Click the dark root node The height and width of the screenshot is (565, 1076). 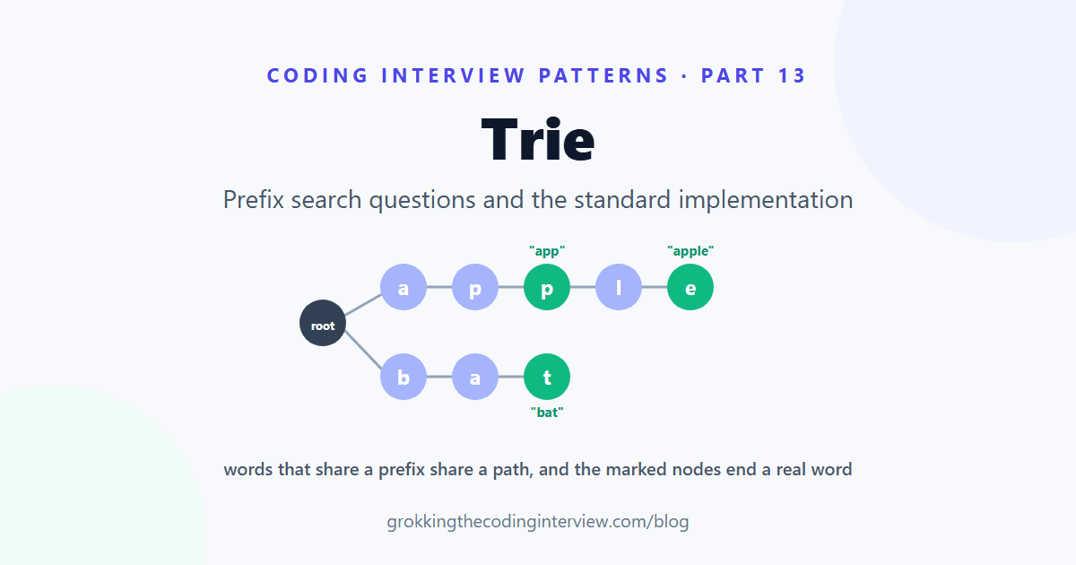[x=323, y=323]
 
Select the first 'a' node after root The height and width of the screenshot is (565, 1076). [x=403, y=287]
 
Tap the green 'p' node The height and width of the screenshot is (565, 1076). [x=547, y=287]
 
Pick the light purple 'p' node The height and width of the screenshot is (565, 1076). [x=475, y=287]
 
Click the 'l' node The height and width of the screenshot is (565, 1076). [x=619, y=287]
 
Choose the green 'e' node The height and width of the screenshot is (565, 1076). [x=690, y=287]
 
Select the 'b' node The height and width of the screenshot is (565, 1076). [x=403, y=377]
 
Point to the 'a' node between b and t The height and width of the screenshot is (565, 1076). [x=475, y=377]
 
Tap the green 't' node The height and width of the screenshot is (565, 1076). [x=547, y=377]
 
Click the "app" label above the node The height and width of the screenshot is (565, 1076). [x=547, y=251]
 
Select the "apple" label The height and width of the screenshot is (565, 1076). [x=690, y=251]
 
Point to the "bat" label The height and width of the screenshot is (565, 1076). [x=547, y=413]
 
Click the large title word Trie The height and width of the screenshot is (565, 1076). [x=538, y=139]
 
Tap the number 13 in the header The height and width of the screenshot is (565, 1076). [x=792, y=75]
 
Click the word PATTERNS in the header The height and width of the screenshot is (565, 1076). [x=603, y=75]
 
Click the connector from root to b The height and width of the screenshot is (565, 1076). [x=364, y=351]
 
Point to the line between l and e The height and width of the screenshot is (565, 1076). [x=655, y=287]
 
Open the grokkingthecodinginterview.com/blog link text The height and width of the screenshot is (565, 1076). [x=538, y=521]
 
